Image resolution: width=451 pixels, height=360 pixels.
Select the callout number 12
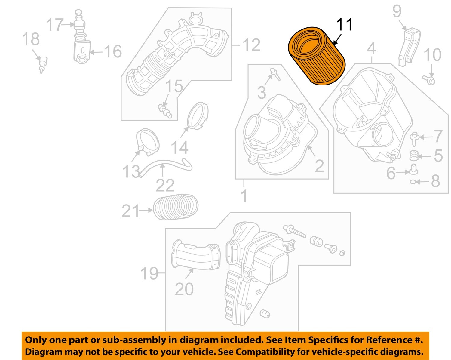click(251, 45)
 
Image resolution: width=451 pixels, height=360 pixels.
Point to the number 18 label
click(31, 39)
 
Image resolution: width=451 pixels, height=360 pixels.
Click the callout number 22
click(165, 185)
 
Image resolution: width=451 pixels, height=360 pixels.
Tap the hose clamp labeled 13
click(147, 141)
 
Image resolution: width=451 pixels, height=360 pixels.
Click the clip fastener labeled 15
click(165, 110)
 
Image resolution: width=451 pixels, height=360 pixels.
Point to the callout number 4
click(371, 48)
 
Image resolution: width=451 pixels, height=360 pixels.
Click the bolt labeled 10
click(430, 80)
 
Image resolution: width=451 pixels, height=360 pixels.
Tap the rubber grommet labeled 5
click(414, 155)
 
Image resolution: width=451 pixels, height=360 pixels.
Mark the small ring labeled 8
click(413, 182)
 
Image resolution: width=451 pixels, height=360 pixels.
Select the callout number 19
click(149, 273)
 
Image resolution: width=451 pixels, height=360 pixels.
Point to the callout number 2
click(319, 166)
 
